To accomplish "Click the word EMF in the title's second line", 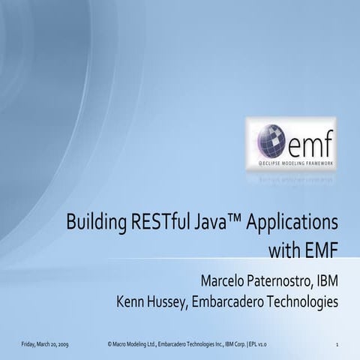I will [x=320, y=248].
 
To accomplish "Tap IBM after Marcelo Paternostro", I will [x=326, y=280].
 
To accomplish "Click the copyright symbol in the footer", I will [x=109, y=343].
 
